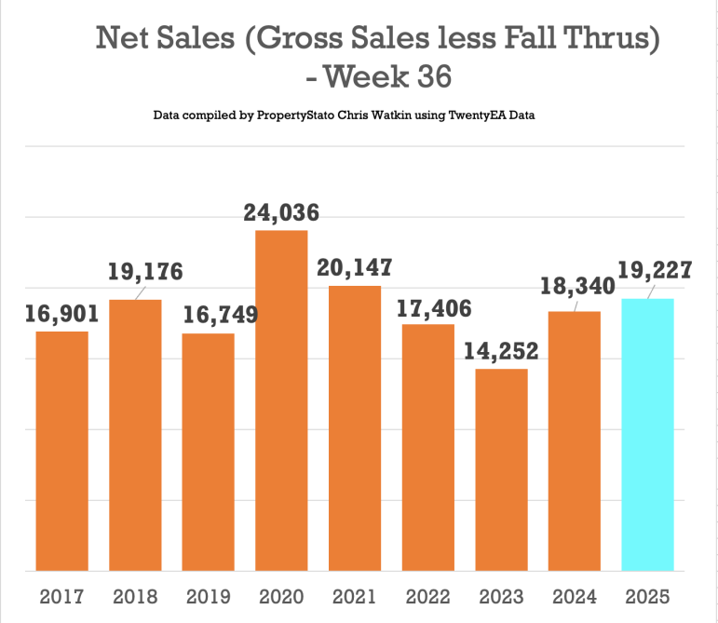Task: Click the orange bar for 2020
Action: coord(281,400)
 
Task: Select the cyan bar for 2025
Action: coord(647,434)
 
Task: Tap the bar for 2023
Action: coord(501,469)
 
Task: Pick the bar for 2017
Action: coord(62,451)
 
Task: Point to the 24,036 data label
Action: coord(281,212)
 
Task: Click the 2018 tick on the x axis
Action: coord(135,596)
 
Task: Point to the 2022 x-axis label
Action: coord(427,596)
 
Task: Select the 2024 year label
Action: coord(574,596)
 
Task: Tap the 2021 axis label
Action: coord(354,596)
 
